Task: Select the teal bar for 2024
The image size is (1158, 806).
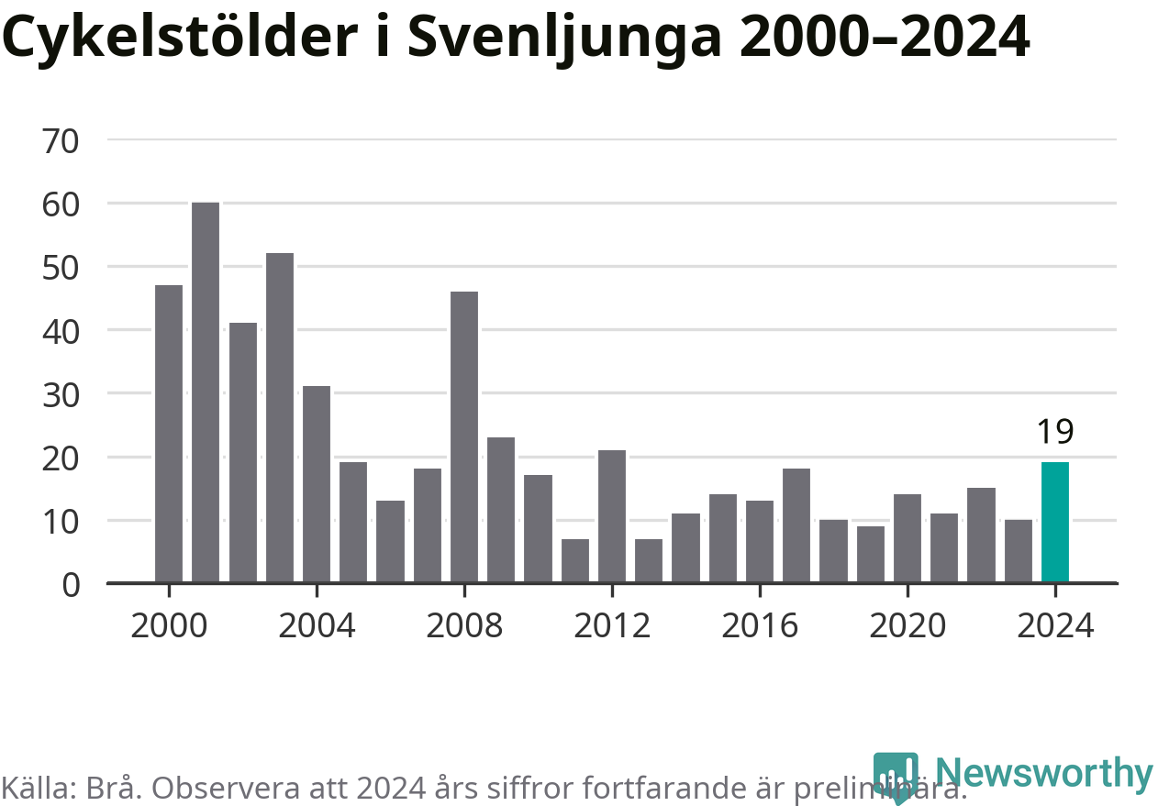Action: (1055, 522)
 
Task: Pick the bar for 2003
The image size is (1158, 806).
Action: (280, 417)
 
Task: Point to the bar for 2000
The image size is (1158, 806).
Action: (169, 434)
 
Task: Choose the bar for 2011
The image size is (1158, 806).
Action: (575, 560)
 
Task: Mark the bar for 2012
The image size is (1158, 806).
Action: (612, 516)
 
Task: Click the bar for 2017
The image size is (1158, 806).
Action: (796, 525)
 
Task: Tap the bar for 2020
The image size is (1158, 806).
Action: (907, 538)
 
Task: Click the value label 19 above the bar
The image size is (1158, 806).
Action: (1055, 432)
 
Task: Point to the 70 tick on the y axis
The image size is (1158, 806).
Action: (61, 140)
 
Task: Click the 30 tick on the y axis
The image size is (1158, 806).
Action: (61, 394)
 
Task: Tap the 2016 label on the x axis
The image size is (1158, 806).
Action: (760, 626)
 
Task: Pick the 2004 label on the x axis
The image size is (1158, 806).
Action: (317, 626)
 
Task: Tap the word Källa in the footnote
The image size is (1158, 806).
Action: (36, 787)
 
